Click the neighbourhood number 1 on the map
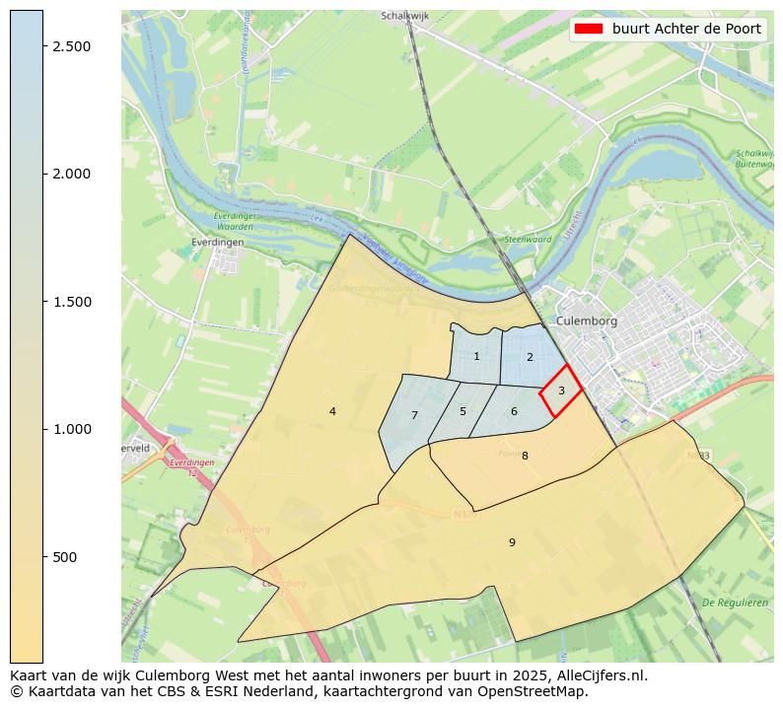point(476,357)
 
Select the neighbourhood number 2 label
point(530,357)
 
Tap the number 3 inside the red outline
point(561,390)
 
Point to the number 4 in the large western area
point(332,411)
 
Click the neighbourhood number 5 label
point(463,411)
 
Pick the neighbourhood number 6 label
point(514,411)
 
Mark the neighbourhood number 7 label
point(414,415)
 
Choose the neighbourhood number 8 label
point(525,456)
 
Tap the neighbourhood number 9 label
point(512,542)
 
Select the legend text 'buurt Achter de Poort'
point(686,29)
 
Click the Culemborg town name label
point(586,321)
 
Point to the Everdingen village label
point(217,241)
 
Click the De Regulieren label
point(735,602)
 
